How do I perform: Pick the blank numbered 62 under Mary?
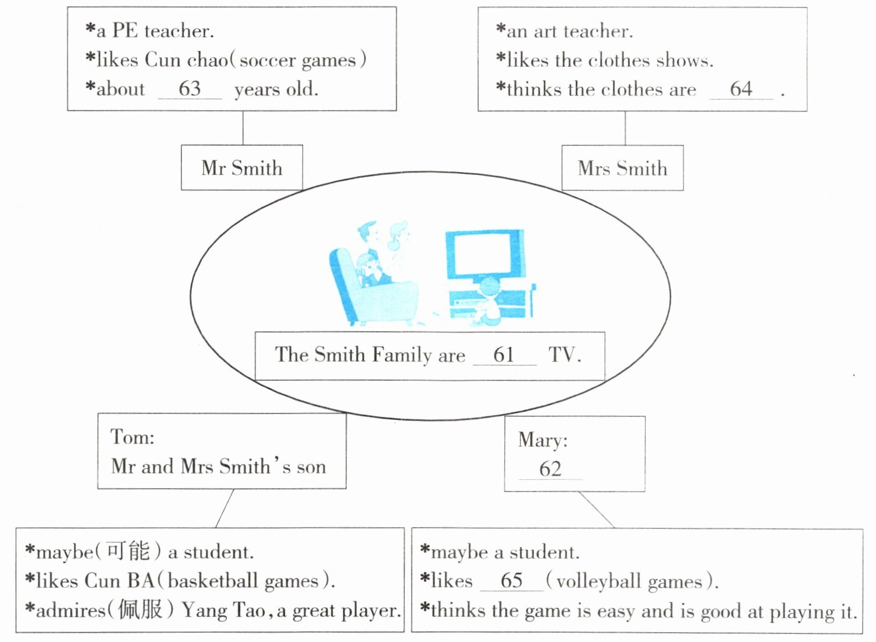click(x=550, y=469)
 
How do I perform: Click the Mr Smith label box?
click(x=241, y=168)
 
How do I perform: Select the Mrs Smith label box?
click(x=622, y=168)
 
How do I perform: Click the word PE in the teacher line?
click(x=124, y=30)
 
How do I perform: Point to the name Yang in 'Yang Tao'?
click(x=204, y=610)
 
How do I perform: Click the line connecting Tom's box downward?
click(x=225, y=508)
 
